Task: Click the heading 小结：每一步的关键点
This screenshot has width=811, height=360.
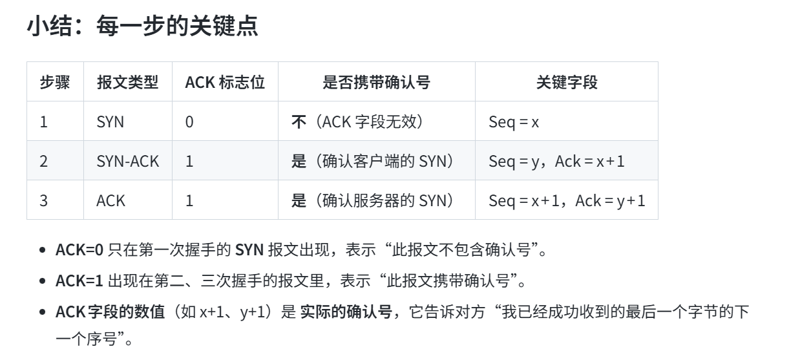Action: coord(142,27)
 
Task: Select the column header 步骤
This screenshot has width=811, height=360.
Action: coord(55,82)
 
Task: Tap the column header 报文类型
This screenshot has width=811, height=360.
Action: coord(127,82)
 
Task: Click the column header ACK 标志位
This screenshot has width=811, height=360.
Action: coord(224,82)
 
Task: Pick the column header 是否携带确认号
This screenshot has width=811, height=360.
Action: coord(376,82)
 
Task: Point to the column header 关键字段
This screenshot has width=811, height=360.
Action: coord(566,82)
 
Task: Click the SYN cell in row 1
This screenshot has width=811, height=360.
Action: coord(110,122)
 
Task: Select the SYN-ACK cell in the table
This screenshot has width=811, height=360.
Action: coord(127,161)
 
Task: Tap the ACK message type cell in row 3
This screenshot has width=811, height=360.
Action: coord(111,200)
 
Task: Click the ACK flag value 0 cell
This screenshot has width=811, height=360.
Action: coord(189,122)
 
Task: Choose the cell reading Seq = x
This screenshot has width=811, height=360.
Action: coord(514,122)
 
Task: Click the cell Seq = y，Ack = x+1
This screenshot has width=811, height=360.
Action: coord(556,161)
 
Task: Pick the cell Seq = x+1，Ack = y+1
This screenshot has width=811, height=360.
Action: coord(567,200)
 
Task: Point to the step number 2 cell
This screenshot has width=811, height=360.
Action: coord(43,161)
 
